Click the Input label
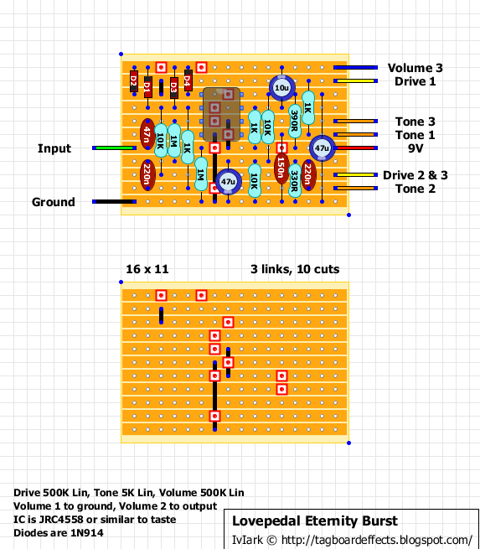point(54,148)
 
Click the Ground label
point(54,202)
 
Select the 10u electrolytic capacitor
point(281,88)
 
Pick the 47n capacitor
point(147,134)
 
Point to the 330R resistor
point(295,176)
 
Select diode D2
point(134,81)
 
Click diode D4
point(188,81)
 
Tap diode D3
point(173,85)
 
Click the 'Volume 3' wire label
point(414,68)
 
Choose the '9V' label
point(409,148)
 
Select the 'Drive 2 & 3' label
point(415,175)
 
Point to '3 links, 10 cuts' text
point(294,269)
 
